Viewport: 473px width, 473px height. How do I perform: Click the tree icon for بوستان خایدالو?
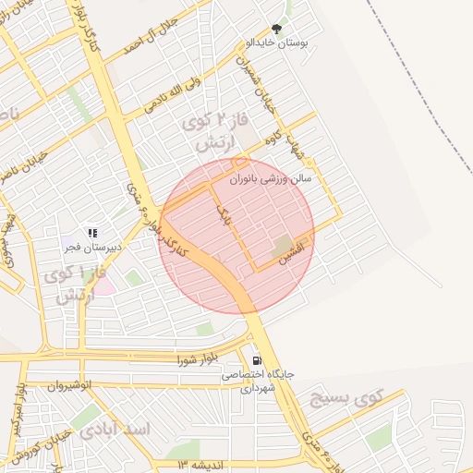point(276,30)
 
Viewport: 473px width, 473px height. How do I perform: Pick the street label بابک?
point(221,216)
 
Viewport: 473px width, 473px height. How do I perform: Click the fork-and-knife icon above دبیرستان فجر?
point(91,233)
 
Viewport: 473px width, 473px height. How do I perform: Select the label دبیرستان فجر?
point(97,248)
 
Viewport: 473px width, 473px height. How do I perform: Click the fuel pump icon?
point(256,360)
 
